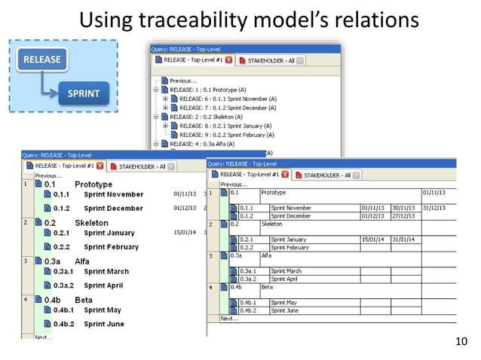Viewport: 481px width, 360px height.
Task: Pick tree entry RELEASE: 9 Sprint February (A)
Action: tap(219, 134)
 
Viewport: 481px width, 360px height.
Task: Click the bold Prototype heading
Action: tap(93, 184)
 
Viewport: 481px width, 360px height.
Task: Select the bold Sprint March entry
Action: tap(106, 271)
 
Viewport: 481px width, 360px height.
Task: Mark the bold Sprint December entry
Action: tap(113, 208)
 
